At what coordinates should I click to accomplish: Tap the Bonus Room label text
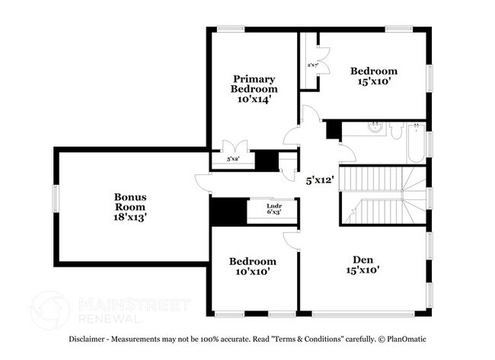click(x=130, y=201)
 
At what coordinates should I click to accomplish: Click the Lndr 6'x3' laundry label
click(x=274, y=209)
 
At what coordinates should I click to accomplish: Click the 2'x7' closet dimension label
click(x=312, y=66)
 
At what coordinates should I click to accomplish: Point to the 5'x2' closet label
click(x=235, y=159)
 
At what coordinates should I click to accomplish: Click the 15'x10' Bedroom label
click(x=373, y=77)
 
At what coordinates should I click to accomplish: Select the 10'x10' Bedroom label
click(x=252, y=266)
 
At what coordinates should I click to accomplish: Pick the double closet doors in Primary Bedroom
click(x=233, y=147)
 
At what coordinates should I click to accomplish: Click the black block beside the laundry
click(x=225, y=211)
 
